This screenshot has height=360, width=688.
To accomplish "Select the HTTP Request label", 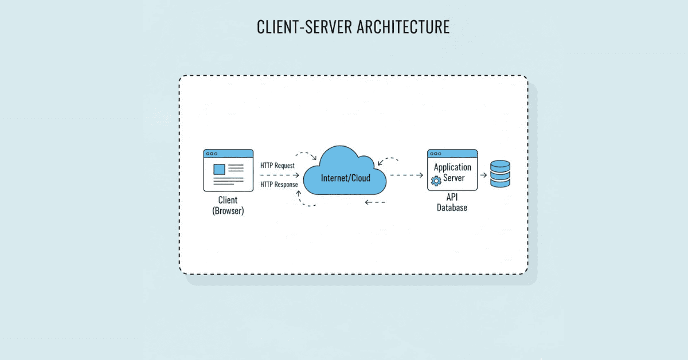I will click(x=277, y=165).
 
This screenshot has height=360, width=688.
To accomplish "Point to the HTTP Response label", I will click(x=279, y=185).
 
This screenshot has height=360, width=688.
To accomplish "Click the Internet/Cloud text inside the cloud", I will click(x=345, y=178).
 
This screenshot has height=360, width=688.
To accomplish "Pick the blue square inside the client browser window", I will click(x=218, y=169).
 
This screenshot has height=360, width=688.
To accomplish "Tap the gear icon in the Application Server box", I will click(x=435, y=181).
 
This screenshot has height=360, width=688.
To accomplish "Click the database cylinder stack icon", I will click(x=500, y=174).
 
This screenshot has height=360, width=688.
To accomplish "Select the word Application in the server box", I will click(x=452, y=167).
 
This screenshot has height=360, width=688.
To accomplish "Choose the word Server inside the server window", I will click(x=454, y=178).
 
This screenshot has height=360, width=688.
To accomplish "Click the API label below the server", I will click(x=452, y=197).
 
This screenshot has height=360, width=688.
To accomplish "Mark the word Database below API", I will click(x=452, y=208).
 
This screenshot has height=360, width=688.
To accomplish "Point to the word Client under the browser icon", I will click(x=228, y=200).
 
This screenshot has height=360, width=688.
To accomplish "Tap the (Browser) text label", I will click(x=228, y=211).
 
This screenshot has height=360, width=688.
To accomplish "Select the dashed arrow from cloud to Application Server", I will click(x=406, y=175).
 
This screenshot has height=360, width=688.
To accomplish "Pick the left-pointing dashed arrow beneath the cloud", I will click(x=375, y=202).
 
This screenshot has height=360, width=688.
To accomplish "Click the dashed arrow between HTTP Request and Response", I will click(x=279, y=175).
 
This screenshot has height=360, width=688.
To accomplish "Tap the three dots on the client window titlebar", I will click(x=212, y=154).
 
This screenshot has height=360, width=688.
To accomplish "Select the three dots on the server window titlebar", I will click(x=435, y=154).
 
